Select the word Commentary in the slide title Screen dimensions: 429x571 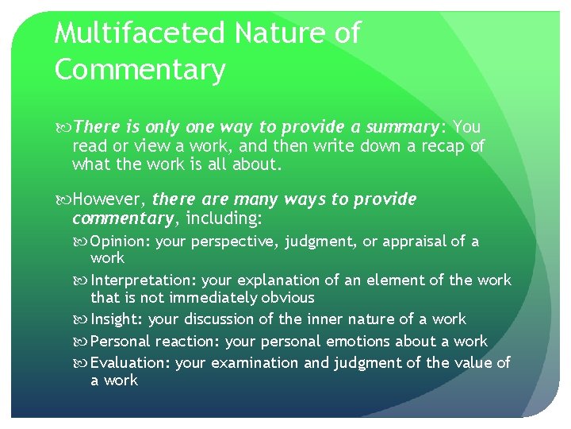point(140,70)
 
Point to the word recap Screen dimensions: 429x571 point(424,146)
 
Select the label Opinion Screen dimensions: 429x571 point(120,242)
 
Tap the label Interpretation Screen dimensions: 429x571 point(144,280)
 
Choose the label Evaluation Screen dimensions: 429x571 point(130,363)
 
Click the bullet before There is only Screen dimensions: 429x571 point(63,127)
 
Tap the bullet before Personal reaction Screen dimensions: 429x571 point(83,342)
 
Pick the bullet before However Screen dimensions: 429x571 point(63,199)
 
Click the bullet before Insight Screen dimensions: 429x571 point(83,319)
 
